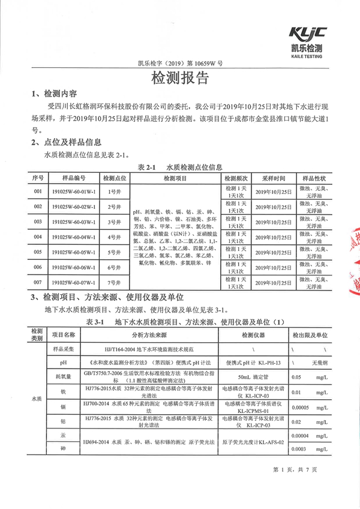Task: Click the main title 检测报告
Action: [x=179, y=79]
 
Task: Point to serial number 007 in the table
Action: [x=38, y=281]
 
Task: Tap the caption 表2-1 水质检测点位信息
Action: [x=180, y=166]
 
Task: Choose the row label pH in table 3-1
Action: [x=63, y=363]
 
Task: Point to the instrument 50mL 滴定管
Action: [x=251, y=377]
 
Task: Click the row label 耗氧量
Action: [x=63, y=377]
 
